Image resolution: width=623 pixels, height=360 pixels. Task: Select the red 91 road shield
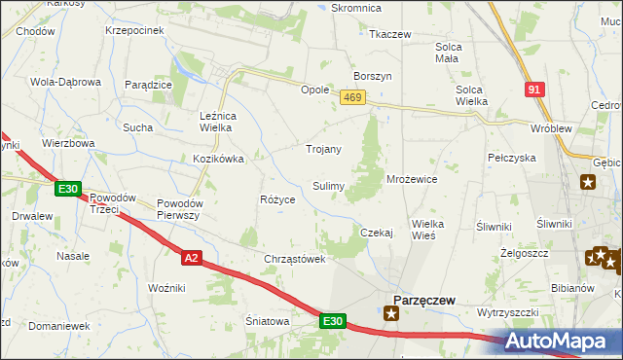point(533,89)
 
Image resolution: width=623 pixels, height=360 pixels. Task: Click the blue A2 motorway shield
point(192,257)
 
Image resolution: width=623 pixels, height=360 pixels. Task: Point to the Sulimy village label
point(327,185)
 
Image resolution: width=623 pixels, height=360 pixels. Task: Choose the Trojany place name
point(323,149)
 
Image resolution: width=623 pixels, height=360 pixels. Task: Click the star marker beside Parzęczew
point(391,313)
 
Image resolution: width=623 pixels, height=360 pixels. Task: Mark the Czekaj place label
point(376,233)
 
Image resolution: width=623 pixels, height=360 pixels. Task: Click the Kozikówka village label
point(217,158)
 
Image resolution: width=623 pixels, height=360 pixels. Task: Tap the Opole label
point(314,89)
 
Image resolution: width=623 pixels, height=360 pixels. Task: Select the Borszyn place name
point(373,76)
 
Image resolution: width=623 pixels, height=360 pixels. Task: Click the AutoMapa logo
point(566,341)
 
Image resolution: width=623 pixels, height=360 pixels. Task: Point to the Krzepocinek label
point(134,30)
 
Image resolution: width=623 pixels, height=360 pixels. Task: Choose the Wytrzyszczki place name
point(507,312)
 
